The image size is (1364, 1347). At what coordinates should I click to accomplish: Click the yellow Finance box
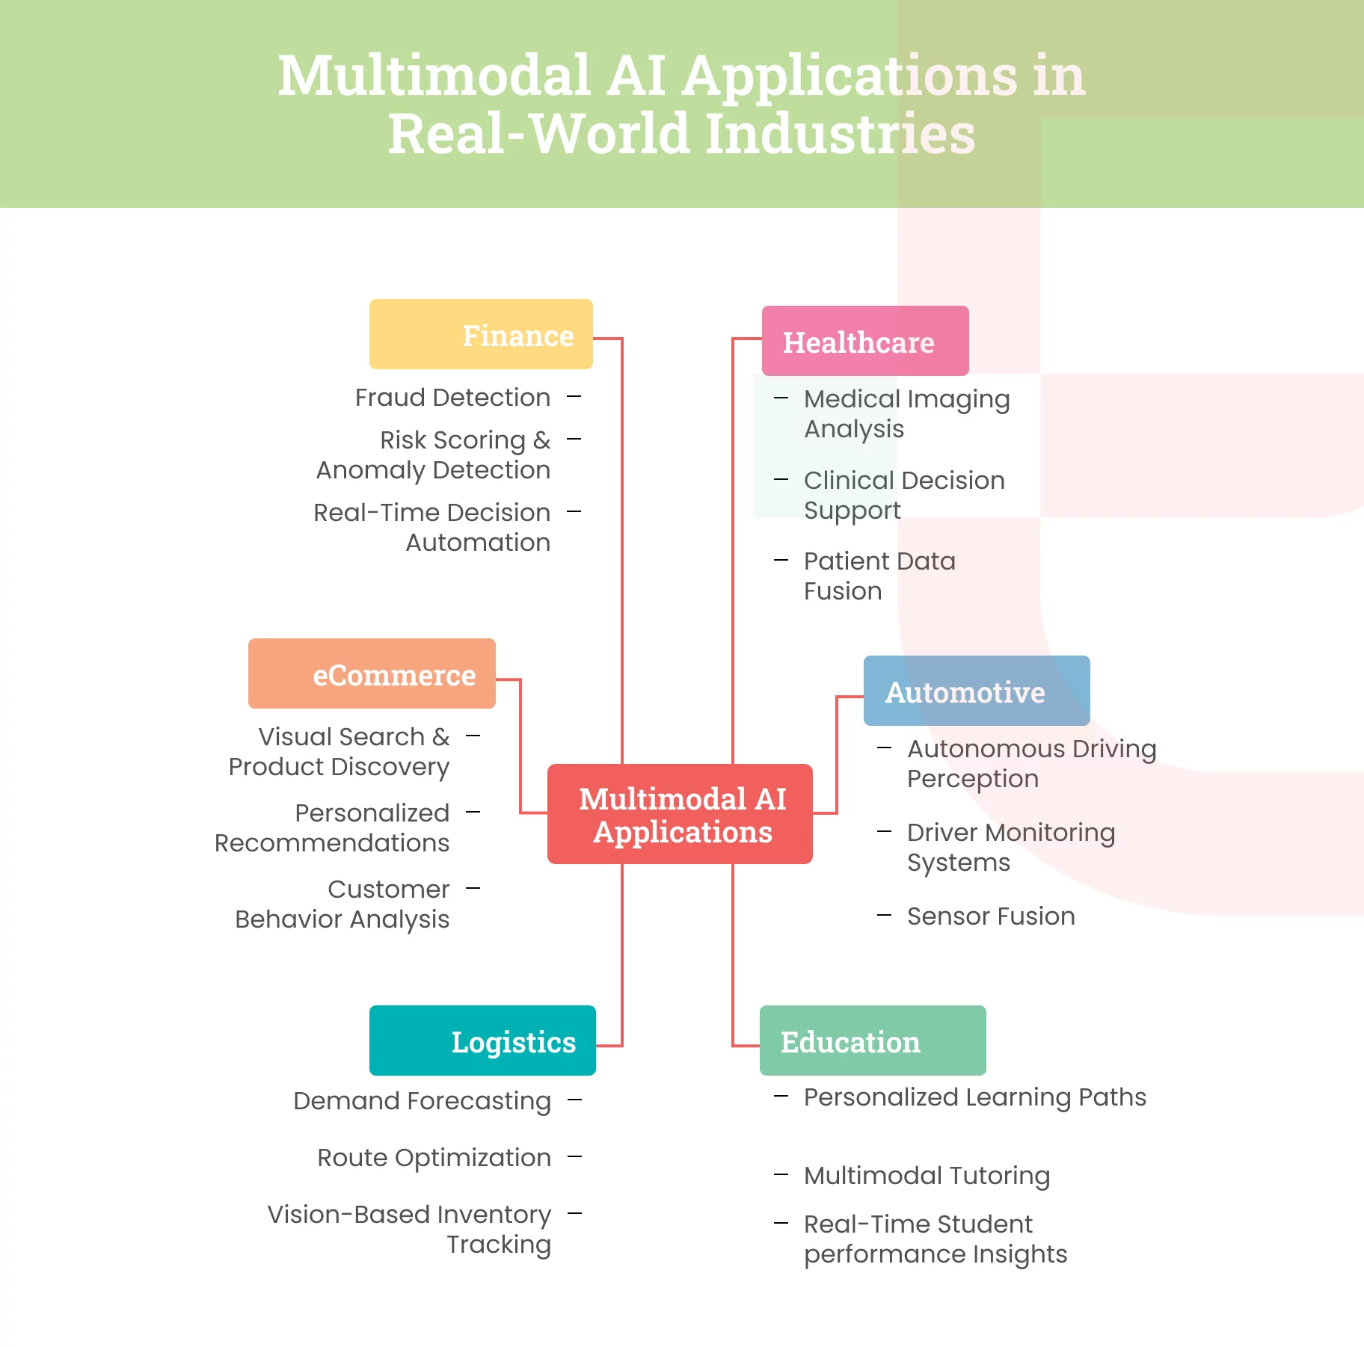[481, 334]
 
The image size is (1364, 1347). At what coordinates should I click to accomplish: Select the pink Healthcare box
[865, 341]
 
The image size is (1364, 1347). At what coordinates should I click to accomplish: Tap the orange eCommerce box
[372, 673]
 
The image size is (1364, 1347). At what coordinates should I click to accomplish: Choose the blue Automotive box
[977, 691]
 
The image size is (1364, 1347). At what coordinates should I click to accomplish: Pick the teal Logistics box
[482, 1041]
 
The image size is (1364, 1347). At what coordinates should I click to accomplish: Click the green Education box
[873, 1041]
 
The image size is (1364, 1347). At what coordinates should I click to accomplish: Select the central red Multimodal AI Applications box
[680, 814]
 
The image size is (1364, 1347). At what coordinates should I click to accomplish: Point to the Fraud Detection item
[452, 397]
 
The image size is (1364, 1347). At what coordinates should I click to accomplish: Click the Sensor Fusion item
[991, 916]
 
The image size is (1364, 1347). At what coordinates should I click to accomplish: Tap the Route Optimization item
[434, 1157]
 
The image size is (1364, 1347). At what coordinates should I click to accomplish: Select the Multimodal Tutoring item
[927, 1175]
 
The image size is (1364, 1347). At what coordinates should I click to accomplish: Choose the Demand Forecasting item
[422, 1100]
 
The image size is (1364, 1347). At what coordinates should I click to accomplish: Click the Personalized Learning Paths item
[974, 1097]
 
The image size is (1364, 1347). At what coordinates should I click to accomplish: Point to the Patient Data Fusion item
[879, 576]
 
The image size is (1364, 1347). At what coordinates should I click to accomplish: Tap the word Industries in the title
[840, 134]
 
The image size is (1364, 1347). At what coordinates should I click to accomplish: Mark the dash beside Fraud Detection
[574, 396]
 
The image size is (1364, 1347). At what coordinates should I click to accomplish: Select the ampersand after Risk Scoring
[541, 440]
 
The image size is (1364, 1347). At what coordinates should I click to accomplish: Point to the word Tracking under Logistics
[499, 1245]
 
